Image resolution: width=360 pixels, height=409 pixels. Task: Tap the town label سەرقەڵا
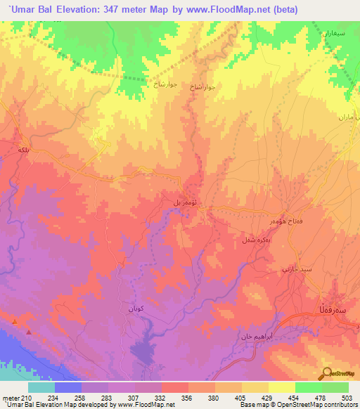tap(332, 310)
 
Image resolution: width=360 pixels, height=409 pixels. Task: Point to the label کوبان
tap(137, 308)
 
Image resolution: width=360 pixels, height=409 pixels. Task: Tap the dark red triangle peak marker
tap(28, 331)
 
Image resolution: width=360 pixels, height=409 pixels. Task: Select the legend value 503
tap(348, 398)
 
